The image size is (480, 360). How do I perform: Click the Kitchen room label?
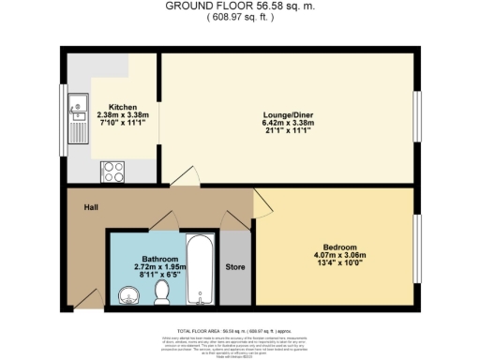tap(124, 107)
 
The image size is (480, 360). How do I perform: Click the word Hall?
tap(91, 207)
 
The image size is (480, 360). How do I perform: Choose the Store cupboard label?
tap(235, 265)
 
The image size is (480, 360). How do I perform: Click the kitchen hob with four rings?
tap(113, 171)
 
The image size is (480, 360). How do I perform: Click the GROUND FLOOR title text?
tap(239, 6)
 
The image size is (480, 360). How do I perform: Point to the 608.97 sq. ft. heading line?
tap(239, 17)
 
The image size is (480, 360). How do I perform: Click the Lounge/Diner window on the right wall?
tap(417, 116)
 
